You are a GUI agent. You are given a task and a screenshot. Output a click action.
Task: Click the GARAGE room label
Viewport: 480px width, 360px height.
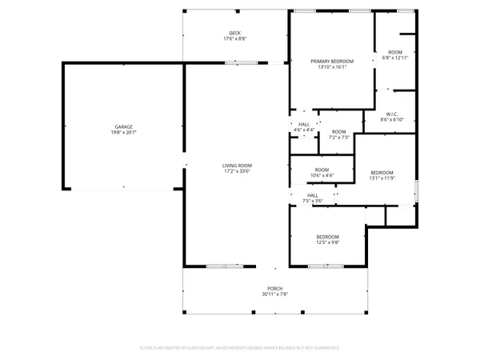(x=123, y=126)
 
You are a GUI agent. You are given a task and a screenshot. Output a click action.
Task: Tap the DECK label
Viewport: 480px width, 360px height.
(x=235, y=33)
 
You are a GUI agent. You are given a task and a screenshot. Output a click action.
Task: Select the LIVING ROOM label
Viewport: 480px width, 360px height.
(x=237, y=165)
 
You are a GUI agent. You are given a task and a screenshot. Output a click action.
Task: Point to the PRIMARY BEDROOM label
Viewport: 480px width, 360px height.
(x=332, y=61)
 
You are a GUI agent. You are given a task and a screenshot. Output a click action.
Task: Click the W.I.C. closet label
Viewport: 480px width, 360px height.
(x=391, y=114)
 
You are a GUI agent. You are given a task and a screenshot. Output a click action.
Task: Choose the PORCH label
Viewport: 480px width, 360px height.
(x=274, y=289)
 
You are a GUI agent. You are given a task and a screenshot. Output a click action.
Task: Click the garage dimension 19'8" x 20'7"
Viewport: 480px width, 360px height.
(x=123, y=132)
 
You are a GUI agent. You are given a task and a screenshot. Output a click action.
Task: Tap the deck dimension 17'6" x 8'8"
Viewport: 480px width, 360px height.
(x=235, y=38)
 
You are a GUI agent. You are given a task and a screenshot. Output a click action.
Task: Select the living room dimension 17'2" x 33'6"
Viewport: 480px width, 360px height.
(x=237, y=170)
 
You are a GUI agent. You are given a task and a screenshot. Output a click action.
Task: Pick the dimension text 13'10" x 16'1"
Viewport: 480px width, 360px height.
(x=332, y=66)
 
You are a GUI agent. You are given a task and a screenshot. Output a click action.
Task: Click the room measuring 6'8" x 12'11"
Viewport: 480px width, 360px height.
(x=395, y=54)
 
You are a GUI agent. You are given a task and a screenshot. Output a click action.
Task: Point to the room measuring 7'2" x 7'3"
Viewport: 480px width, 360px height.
(x=339, y=134)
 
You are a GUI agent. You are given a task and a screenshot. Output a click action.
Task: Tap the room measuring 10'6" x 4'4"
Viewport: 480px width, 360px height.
(x=322, y=172)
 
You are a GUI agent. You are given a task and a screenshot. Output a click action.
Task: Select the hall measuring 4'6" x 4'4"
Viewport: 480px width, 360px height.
(x=304, y=127)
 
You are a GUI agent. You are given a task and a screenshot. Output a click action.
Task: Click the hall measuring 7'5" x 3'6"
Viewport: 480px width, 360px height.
(x=313, y=198)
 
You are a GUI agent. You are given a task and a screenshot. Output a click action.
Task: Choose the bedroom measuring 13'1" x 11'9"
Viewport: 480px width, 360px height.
(x=382, y=175)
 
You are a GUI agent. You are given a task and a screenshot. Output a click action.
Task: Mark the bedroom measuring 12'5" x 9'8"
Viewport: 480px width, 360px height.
(x=327, y=239)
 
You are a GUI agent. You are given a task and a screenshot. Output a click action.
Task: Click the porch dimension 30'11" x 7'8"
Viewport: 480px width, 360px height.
(x=274, y=294)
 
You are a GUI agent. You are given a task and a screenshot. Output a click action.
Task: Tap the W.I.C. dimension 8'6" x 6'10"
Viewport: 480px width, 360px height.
(x=391, y=120)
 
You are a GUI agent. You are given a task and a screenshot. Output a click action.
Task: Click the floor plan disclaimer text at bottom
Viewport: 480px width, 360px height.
(x=240, y=348)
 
